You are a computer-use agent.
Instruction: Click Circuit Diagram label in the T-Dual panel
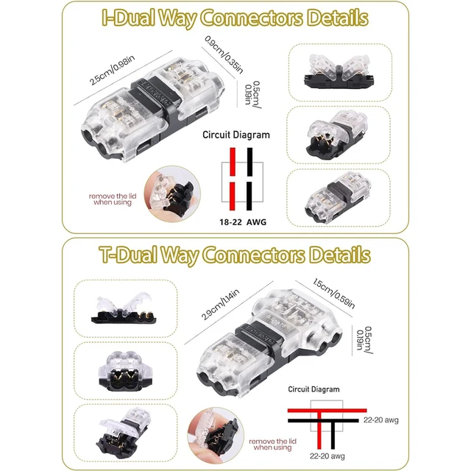click(314, 389)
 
